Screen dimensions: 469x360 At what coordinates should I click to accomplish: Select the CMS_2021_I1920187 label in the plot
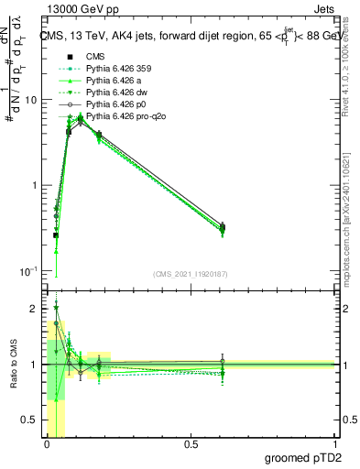point(190,274)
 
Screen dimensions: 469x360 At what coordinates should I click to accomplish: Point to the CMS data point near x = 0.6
point(223,227)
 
